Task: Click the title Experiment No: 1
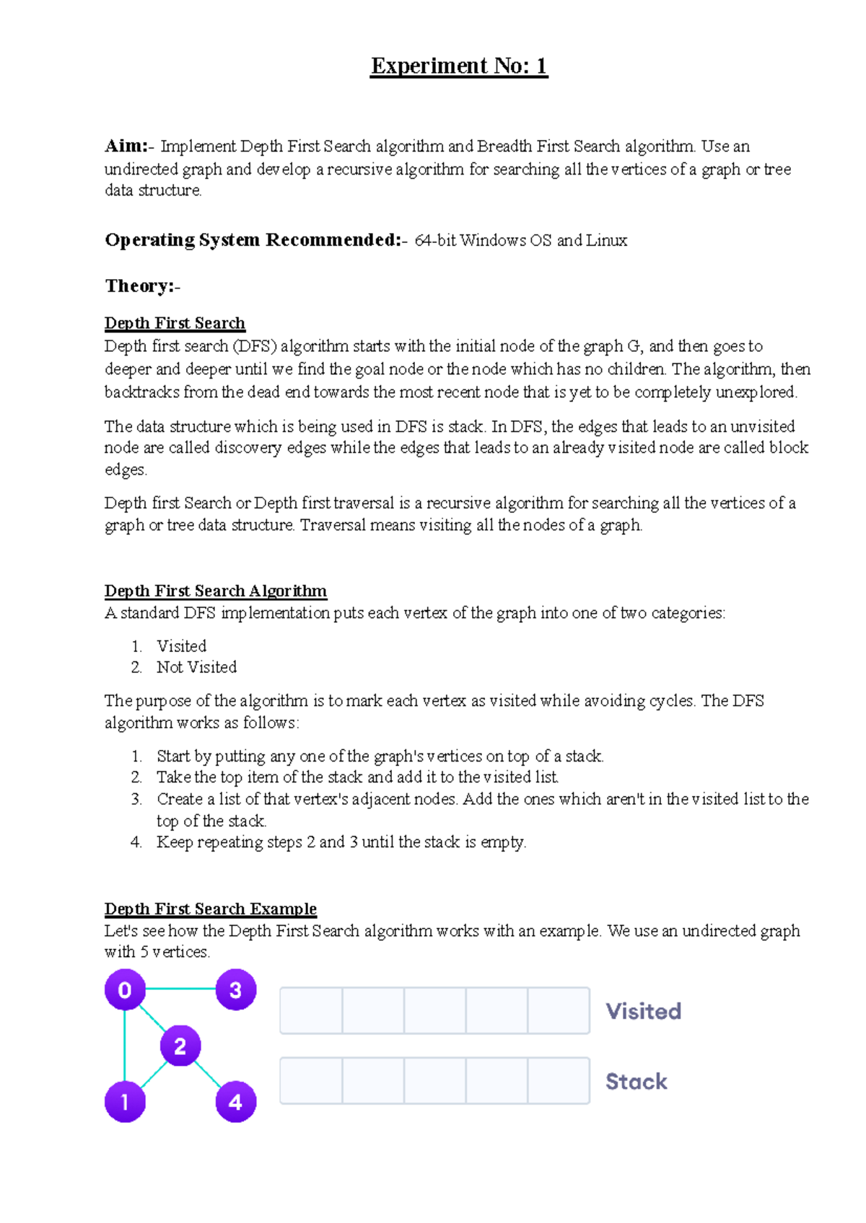click(x=459, y=66)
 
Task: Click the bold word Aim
click(x=125, y=146)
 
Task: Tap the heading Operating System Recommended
click(x=253, y=240)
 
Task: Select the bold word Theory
click(x=139, y=286)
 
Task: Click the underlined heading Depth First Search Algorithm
click(x=215, y=591)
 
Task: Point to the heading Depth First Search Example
click(x=210, y=909)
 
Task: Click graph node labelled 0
click(x=125, y=990)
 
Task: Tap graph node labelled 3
click(x=235, y=990)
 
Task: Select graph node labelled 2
click(x=180, y=1046)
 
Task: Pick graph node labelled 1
click(x=125, y=1102)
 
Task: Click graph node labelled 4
click(x=235, y=1102)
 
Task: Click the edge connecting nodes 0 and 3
click(x=180, y=989)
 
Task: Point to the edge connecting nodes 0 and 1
click(x=125, y=1046)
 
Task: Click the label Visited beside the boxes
click(x=643, y=1011)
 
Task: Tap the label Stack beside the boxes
click(x=636, y=1081)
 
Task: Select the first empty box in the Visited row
click(x=312, y=1011)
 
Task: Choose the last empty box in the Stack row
click(x=559, y=1081)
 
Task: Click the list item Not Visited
click(x=196, y=668)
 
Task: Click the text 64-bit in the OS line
click(x=435, y=241)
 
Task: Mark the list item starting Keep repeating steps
click(x=341, y=842)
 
